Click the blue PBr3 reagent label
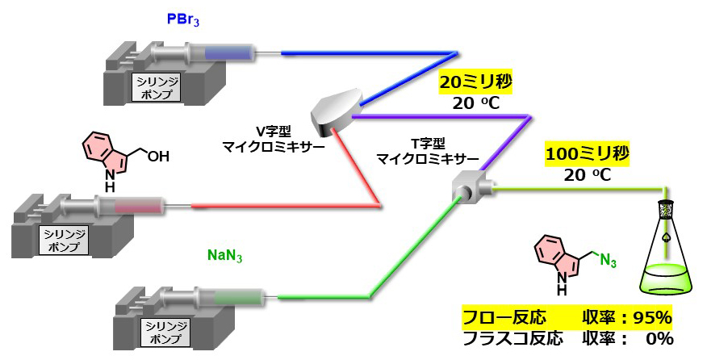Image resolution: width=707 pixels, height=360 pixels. pyautogui.click(x=182, y=21)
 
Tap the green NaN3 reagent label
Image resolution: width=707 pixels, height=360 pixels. pyautogui.click(x=224, y=255)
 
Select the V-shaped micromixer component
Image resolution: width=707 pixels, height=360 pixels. pyautogui.click(x=337, y=112)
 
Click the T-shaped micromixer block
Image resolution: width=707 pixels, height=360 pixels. pyautogui.click(x=472, y=185)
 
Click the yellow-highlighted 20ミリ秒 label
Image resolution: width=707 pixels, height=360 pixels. pyautogui.click(x=476, y=82)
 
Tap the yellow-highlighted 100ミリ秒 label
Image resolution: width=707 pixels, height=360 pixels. pyautogui.click(x=588, y=154)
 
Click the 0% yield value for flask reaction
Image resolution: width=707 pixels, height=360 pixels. pyautogui.click(x=659, y=338)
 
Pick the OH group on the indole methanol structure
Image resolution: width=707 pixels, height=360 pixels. pyautogui.click(x=158, y=157)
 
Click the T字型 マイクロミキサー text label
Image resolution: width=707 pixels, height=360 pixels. pyautogui.click(x=428, y=152)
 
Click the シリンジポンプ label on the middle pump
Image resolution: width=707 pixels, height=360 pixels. pyautogui.click(x=65, y=240)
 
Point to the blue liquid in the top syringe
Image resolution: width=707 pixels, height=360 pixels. pyautogui.click(x=228, y=54)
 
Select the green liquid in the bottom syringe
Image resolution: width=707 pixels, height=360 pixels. pyautogui.click(x=238, y=298)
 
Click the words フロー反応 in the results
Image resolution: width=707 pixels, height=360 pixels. pyautogui.click(x=504, y=318)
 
